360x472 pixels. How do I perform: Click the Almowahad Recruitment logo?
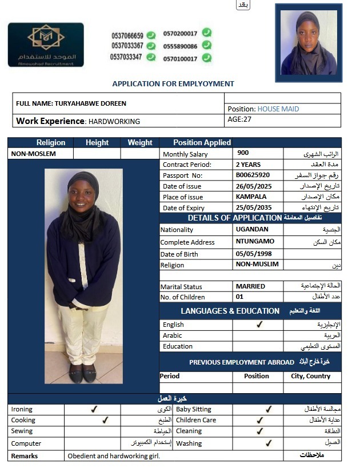point(46,45)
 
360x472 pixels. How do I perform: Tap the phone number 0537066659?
point(127,35)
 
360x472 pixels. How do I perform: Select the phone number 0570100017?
point(180,58)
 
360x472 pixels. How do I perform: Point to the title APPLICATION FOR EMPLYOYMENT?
point(173,83)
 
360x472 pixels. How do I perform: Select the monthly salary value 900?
point(243,153)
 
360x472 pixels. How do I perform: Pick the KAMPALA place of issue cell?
point(251,197)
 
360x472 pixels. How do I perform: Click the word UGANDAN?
point(252,229)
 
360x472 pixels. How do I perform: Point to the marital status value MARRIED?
point(250,286)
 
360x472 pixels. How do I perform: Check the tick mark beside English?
point(259,325)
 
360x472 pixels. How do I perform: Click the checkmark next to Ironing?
point(94,409)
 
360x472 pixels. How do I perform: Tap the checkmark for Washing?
point(269,443)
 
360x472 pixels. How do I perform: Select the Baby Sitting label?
point(194,409)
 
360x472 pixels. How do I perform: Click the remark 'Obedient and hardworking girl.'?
point(114,456)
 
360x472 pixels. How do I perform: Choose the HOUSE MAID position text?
point(278,109)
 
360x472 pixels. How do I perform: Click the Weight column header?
point(140,142)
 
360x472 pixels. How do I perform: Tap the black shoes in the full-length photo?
point(83,374)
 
